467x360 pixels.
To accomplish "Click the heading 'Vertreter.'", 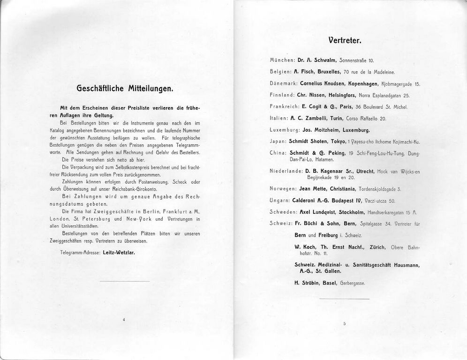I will (x=345, y=40).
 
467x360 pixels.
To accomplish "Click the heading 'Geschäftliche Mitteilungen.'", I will (x=125, y=88).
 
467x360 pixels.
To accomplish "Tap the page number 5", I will (x=345, y=323).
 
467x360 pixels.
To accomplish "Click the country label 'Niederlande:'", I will (x=286, y=172).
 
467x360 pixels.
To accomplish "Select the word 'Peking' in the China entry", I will (x=336, y=153).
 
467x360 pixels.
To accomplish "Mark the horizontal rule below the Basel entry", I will (x=345, y=298).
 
